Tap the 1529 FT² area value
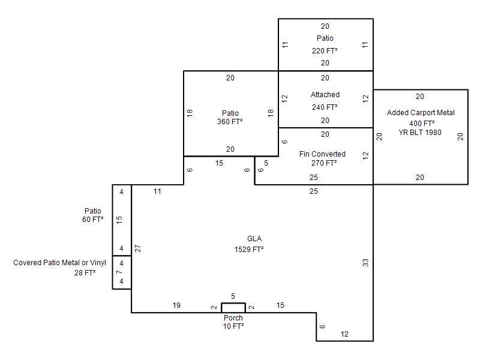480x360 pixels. pyautogui.click(x=249, y=250)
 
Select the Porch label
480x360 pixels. pyautogui.click(x=233, y=318)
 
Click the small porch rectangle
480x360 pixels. pyautogui.click(x=233, y=308)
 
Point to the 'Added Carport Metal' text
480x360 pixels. pyautogui.click(x=421, y=113)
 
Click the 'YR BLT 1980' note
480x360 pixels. pyautogui.click(x=420, y=133)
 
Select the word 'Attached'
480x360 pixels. pyautogui.click(x=325, y=95)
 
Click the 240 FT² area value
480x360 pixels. pyautogui.click(x=325, y=107)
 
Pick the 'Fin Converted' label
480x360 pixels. pyautogui.click(x=322, y=154)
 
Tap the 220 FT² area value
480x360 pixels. pyautogui.click(x=325, y=51)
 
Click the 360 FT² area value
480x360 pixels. pyautogui.click(x=230, y=122)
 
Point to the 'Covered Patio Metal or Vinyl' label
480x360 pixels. pyautogui.click(x=59, y=263)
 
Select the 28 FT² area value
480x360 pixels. pyautogui.click(x=85, y=273)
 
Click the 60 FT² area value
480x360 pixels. pyautogui.click(x=92, y=220)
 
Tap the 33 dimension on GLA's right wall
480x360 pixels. pyautogui.click(x=365, y=262)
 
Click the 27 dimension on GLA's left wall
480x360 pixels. pyautogui.click(x=138, y=248)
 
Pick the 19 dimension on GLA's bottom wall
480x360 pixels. pyautogui.click(x=176, y=305)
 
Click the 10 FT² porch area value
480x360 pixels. pyautogui.click(x=233, y=326)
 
